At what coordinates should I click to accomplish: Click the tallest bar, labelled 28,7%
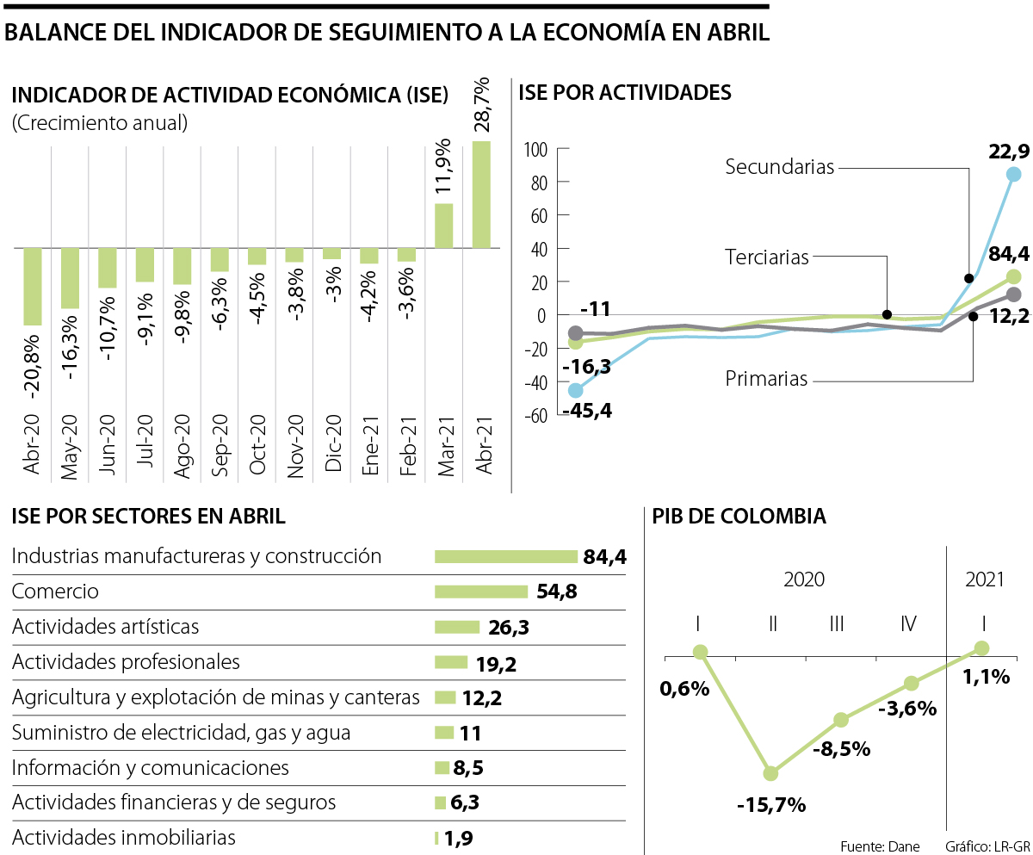pyautogui.click(x=481, y=195)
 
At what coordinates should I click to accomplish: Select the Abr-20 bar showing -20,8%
pyautogui.click(x=33, y=287)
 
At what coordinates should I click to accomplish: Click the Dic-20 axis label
pyautogui.click(x=332, y=443)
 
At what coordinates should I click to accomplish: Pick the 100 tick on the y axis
pyautogui.click(x=535, y=150)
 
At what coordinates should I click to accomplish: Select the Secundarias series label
pyautogui.click(x=779, y=167)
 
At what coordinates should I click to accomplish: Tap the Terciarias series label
pyautogui.click(x=766, y=257)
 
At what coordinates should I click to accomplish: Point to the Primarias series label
pyautogui.click(x=766, y=379)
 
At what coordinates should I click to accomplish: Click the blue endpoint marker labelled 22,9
pyautogui.click(x=1013, y=174)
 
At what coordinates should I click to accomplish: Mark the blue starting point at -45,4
pyautogui.click(x=575, y=390)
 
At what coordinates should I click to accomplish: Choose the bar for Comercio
pyautogui.click(x=480, y=592)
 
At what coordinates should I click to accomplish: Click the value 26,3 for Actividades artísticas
pyautogui.click(x=507, y=628)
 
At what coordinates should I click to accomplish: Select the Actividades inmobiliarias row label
pyautogui.click(x=124, y=837)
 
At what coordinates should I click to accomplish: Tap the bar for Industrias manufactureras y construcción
pyautogui.click(x=505, y=556)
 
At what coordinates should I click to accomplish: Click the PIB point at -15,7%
pyautogui.click(x=770, y=773)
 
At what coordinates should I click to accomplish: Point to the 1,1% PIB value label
pyautogui.click(x=986, y=677)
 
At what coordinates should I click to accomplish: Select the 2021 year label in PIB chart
pyautogui.click(x=985, y=579)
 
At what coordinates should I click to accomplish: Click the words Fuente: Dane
pyautogui.click(x=880, y=845)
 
